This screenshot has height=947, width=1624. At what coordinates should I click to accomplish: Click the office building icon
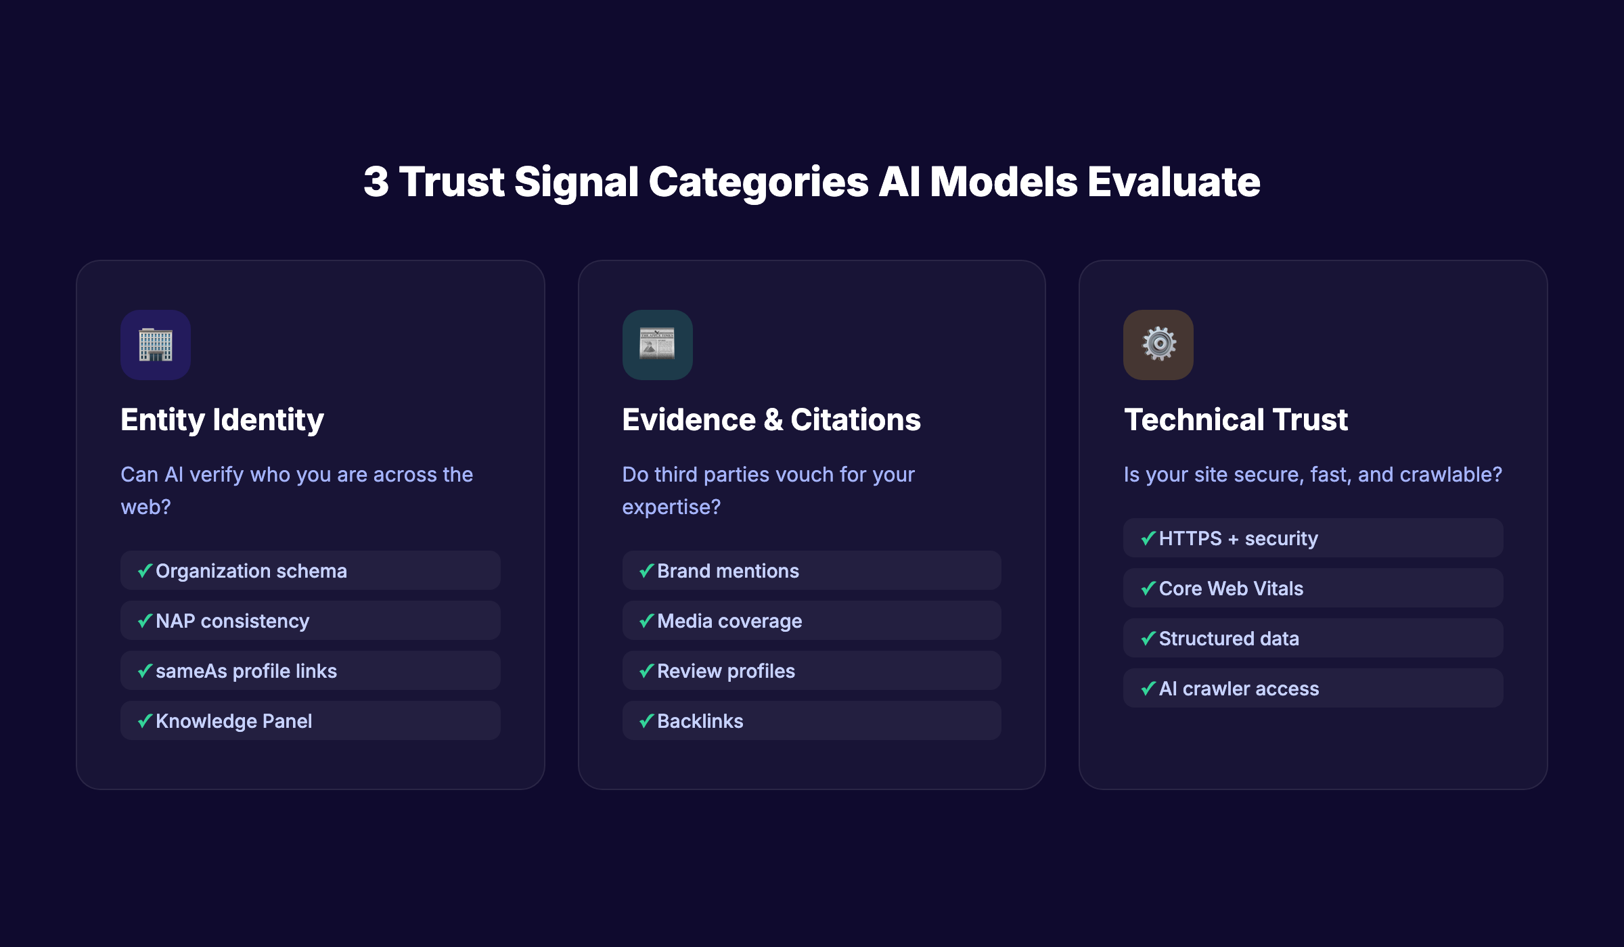click(156, 345)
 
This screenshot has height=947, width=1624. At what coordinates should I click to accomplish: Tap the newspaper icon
click(657, 345)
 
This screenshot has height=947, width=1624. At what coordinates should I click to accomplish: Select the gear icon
click(1158, 344)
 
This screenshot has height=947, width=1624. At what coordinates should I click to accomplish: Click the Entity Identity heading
click(222, 419)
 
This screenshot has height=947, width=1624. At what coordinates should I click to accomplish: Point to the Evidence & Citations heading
click(771, 419)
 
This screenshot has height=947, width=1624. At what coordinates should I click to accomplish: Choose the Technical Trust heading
click(1236, 419)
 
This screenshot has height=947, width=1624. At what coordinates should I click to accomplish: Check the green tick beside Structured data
click(1148, 638)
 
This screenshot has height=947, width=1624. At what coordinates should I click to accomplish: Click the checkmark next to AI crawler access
click(1148, 688)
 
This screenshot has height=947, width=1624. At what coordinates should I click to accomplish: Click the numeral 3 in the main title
click(376, 182)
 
